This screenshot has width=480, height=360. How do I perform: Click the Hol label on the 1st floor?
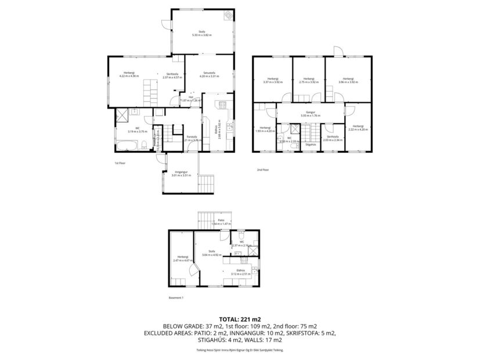point(190,98)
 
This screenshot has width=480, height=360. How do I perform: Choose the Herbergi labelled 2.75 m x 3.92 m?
point(308,80)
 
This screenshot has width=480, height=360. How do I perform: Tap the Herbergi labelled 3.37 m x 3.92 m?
point(272,80)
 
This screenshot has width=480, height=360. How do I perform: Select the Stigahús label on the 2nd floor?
point(311,145)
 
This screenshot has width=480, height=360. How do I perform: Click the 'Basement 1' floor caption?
point(176,298)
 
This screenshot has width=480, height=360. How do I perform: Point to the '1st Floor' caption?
point(121,163)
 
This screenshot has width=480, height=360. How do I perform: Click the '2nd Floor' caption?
point(263,170)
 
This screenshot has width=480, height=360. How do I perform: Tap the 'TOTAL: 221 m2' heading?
point(240,319)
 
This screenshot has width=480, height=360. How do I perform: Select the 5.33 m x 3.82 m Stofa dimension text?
point(202,35)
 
